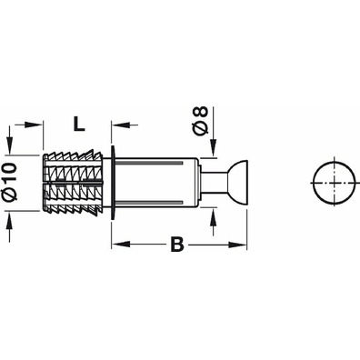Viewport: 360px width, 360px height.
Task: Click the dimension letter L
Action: point(79,124)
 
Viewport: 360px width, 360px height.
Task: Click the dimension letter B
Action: point(177,245)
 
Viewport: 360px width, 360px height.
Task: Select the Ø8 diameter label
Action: point(201,120)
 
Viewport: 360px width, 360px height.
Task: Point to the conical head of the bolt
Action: point(238,182)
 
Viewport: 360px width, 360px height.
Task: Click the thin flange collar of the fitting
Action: point(114,182)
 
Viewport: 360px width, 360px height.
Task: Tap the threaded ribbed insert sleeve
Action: point(73,182)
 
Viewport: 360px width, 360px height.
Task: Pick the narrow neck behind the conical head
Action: point(214,182)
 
